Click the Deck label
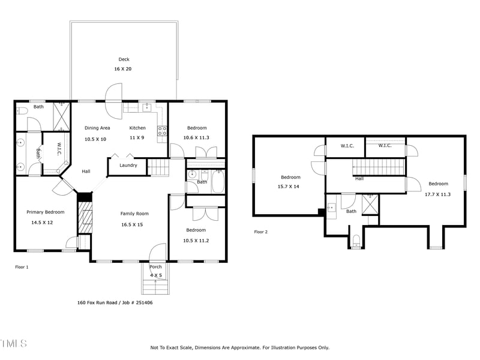coord(124,59)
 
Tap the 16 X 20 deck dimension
coord(123,69)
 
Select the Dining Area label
coord(97,128)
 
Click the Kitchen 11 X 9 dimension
coord(137,139)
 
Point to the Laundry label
coord(128,165)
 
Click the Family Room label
coord(134,214)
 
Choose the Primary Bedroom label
coord(45,212)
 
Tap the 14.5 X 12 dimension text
coord(43,223)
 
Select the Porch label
coord(155,267)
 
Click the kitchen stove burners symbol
coord(161,132)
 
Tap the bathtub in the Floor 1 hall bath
coord(217,181)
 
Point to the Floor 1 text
coord(22,267)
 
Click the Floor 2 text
coord(261,232)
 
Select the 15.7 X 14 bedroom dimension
coord(288,187)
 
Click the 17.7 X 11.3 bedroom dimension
coord(437,194)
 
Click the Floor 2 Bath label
coord(351,211)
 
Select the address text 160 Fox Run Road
coord(101,303)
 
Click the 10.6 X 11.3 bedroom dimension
coord(197,138)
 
